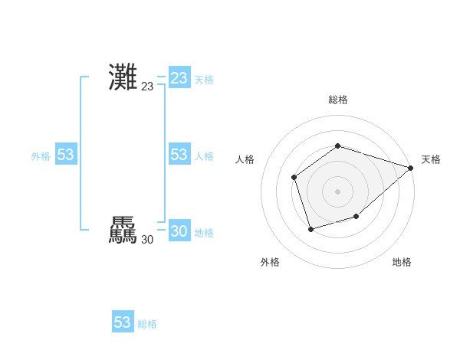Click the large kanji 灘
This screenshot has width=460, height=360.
(x=123, y=77)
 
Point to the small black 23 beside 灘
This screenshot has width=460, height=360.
(x=147, y=87)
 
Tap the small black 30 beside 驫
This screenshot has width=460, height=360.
(x=147, y=240)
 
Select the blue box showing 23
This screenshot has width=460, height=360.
(x=179, y=78)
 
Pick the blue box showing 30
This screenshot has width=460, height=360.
(x=179, y=231)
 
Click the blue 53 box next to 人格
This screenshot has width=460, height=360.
(x=179, y=155)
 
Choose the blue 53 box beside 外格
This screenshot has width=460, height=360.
(x=66, y=155)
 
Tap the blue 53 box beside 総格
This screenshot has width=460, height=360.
(x=123, y=322)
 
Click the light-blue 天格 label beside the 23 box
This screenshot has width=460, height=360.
(x=204, y=80)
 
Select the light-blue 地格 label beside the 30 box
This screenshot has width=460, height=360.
(x=204, y=233)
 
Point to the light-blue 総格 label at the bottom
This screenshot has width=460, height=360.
(x=147, y=324)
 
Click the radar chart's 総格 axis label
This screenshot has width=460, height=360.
(x=338, y=100)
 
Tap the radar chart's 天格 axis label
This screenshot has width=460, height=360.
(x=431, y=159)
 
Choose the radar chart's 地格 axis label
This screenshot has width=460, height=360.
(x=402, y=262)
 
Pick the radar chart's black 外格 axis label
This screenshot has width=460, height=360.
(x=270, y=262)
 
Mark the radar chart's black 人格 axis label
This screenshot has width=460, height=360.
(x=245, y=159)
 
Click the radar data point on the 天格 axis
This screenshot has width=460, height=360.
(x=411, y=168)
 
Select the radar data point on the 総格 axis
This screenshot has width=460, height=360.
(x=338, y=146)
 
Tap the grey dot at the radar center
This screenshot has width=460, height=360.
(x=338, y=191)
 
